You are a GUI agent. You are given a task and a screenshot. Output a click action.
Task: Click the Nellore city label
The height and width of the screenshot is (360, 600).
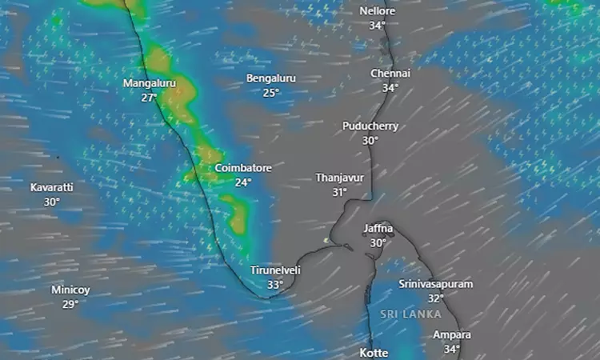click(x=378, y=11)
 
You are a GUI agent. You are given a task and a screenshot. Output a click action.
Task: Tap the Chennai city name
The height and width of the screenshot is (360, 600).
click(x=390, y=74)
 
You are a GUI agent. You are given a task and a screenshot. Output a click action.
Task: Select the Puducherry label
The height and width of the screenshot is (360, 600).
click(x=370, y=126)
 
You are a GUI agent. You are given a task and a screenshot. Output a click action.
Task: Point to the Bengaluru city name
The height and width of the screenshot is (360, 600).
click(x=271, y=78)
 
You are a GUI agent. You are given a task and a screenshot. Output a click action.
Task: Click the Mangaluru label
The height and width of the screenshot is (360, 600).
click(x=149, y=83)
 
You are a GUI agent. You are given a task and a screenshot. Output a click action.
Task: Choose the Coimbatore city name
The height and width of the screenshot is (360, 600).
click(x=243, y=169)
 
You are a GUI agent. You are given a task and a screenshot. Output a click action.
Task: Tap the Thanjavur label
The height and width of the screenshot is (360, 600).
click(x=340, y=178)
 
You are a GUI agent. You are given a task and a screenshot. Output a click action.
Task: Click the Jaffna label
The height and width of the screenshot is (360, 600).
click(x=378, y=229)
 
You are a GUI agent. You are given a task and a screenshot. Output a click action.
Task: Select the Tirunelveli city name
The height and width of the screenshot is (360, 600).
click(x=275, y=270)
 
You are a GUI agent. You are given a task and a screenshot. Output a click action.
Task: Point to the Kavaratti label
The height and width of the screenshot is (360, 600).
click(x=52, y=187)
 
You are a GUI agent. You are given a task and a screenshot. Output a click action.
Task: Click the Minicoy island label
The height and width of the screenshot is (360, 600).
click(x=70, y=290)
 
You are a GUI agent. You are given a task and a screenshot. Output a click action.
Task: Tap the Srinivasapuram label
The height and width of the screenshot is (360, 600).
click(x=435, y=284)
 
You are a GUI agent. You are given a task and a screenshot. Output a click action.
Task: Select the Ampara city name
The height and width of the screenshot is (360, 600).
click(x=452, y=334)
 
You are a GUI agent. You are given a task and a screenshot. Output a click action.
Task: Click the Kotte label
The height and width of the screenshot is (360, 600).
click(x=374, y=352)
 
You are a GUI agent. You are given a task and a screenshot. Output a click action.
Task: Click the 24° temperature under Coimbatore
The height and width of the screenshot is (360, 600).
click(x=243, y=182)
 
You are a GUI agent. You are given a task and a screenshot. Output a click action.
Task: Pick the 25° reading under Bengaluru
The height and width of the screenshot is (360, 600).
click(x=271, y=92)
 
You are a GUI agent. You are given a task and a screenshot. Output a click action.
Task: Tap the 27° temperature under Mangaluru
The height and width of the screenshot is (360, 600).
click(x=149, y=98)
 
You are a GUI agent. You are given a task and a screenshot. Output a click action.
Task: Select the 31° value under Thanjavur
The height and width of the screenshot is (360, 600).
click(x=340, y=192)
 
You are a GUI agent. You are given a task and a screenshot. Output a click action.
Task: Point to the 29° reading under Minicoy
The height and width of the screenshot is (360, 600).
click(x=70, y=304)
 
